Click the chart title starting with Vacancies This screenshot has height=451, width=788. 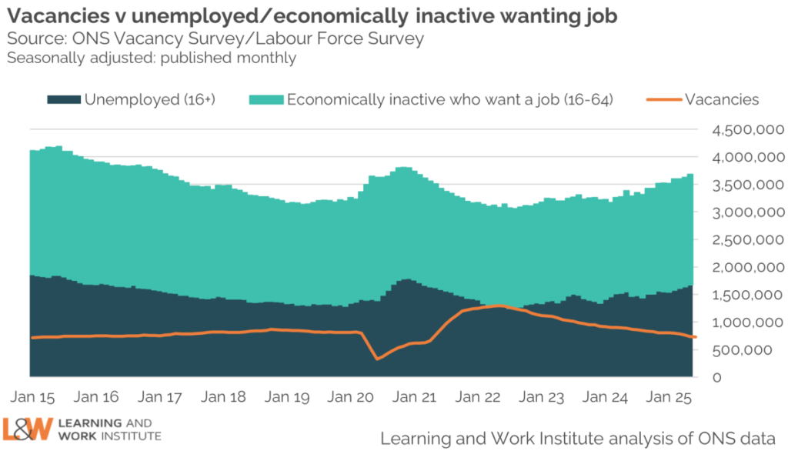(312, 16)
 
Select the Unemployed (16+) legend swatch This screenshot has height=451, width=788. (63, 99)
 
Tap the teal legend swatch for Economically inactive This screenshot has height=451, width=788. (265, 99)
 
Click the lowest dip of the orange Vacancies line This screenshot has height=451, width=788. (377, 359)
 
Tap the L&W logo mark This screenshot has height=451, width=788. (28, 429)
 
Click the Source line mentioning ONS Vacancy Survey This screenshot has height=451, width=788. (215, 38)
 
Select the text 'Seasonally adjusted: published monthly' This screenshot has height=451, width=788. (152, 58)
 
